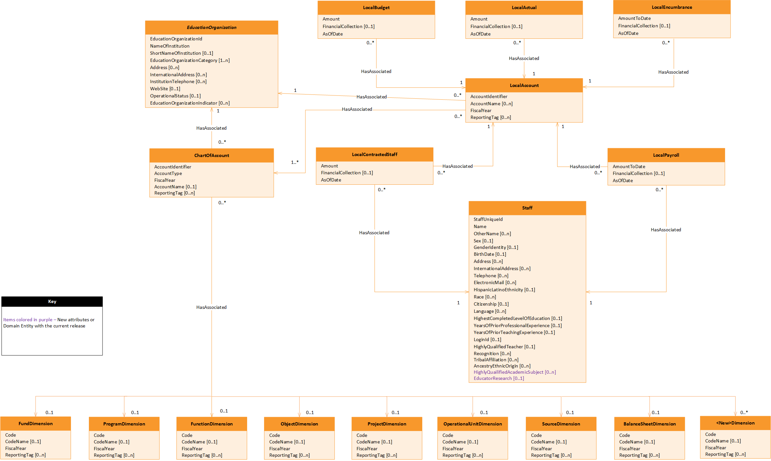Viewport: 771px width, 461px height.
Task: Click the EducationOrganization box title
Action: click(x=212, y=27)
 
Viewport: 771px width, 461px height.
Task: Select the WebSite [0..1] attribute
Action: click(x=165, y=89)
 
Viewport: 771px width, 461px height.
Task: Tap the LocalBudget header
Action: click(x=376, y=7)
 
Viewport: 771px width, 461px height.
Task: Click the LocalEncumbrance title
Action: click(x=672, y=7)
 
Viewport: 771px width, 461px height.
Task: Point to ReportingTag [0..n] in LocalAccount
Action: click(x=490, y=117)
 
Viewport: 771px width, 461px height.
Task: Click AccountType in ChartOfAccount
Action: click(x=168, y=173)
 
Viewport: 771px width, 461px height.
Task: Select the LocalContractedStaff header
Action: click(x=374, y=154)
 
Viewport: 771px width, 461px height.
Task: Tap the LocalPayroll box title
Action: click(x=666, y=155)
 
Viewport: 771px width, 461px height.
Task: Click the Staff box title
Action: click(x=527, y=208)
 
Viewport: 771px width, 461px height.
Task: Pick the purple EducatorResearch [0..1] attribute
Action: click(x=498, y=378)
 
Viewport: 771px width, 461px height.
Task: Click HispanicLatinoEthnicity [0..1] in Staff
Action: click(x=504, y=290)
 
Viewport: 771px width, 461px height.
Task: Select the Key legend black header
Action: click(x=52, y=301)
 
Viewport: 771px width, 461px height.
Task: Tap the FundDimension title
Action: click(x=35, y=424)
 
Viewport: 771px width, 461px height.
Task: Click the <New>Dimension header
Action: click(x=735, y=423)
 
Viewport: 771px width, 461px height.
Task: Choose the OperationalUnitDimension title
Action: click(x=472, y=424)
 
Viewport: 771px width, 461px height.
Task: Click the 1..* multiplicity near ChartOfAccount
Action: click(x=295, y=162)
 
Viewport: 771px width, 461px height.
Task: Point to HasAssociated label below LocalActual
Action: click(x=524, y=58)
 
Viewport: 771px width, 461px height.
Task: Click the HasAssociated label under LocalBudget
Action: click(x=376, y=71)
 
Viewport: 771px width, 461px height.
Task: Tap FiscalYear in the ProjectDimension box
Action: click(x=367, y=449)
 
